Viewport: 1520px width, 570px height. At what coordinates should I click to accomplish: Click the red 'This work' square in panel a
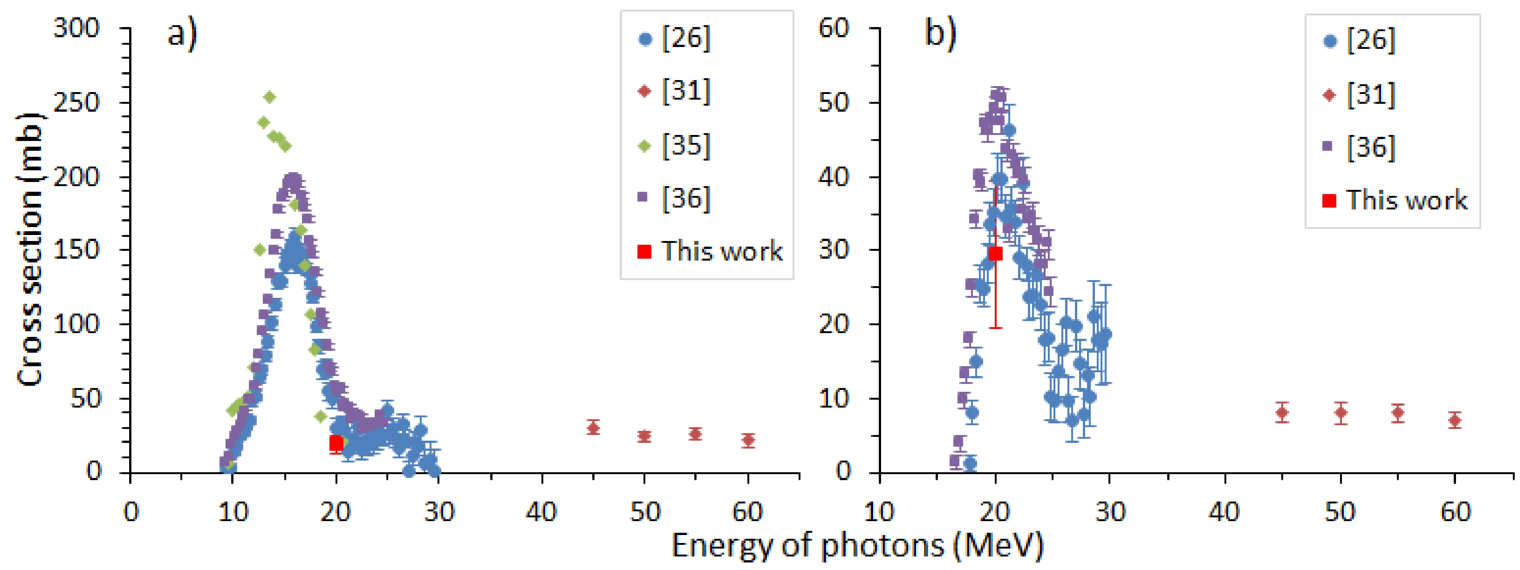click(336, 443)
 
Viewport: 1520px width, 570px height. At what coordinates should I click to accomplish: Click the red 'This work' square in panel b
click(996, 253)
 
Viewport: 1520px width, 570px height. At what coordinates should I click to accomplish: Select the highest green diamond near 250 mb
click(270, 97)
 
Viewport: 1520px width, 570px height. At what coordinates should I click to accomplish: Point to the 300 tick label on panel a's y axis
click(77, 28)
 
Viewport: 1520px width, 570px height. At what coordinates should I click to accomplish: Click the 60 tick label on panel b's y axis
click(834, 28)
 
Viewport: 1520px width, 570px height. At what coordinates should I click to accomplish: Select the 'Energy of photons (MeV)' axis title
click(857, 545)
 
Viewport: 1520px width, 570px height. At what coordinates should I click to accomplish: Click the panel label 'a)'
click(182, 33)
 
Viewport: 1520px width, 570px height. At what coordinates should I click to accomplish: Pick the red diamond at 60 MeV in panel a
click(748, 440)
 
